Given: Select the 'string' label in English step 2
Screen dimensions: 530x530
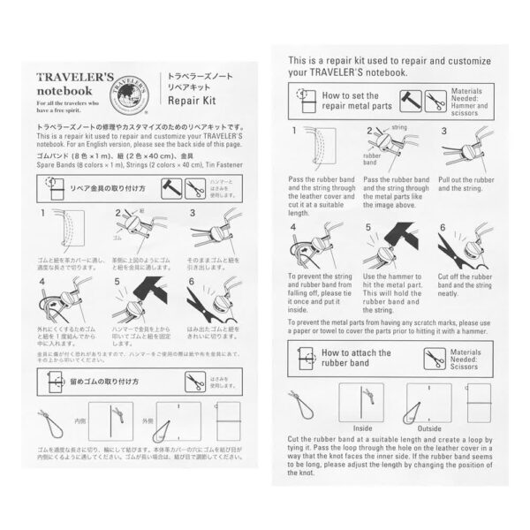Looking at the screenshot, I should [398, 127].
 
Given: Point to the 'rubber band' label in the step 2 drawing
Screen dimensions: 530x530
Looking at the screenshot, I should [371, 163].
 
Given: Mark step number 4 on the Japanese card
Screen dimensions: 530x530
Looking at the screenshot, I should [42, 282].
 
